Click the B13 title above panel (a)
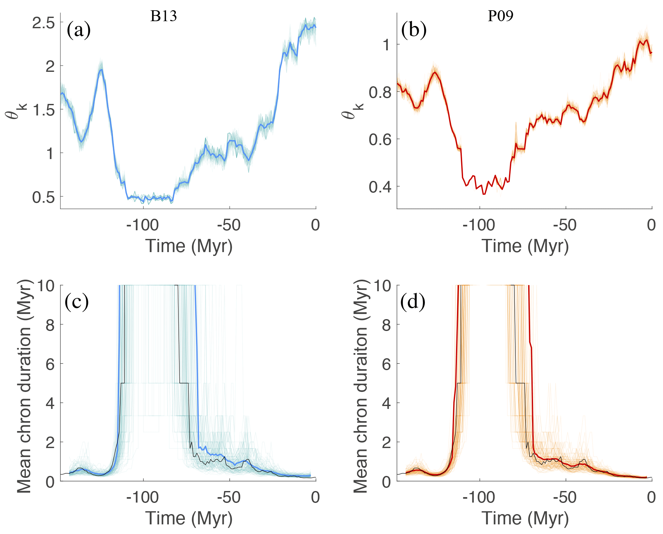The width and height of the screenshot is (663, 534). coord(163,16)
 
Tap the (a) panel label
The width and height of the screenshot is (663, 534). coord(79,31)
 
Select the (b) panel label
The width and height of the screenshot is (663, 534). coord(414,31)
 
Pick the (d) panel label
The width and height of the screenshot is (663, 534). coord(413,302)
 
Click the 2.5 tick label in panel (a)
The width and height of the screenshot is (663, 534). coord(43,23)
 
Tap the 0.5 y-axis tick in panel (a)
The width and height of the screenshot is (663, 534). coord(43,197)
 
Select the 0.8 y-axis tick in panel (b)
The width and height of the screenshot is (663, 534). coord(380,92)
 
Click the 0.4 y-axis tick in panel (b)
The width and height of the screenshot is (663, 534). coord(380,187)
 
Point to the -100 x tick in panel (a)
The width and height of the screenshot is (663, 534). coord(142,225)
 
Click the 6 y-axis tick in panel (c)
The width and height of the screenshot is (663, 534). coord(50,364)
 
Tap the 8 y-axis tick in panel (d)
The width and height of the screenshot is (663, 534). coord(386,325)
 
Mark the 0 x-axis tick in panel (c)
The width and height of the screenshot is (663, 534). coord(315,497)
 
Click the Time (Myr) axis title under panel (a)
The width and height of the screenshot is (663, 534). coord(189,246)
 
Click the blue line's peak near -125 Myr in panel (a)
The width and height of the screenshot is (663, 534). coord(101,70)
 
